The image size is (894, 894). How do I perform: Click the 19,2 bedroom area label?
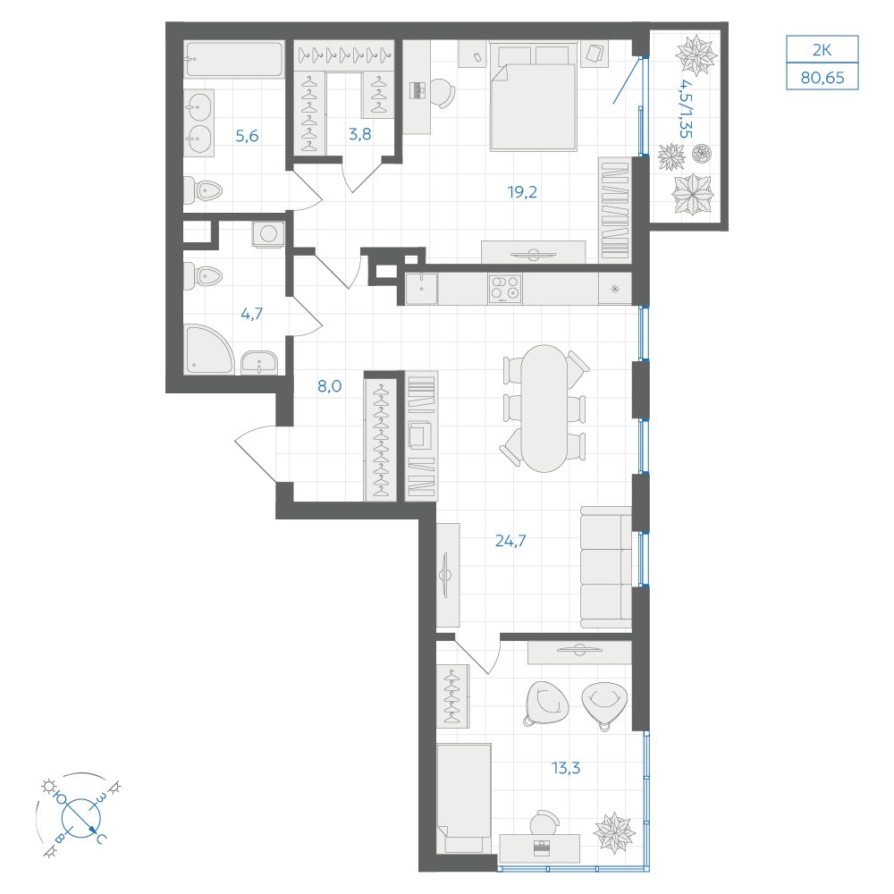pyautogui.click(x=522, y=192)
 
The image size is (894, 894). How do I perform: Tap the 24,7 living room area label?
pyautogui.click(x=510, y=541)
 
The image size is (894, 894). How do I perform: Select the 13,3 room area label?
pyautogui.click(x=566, y=768)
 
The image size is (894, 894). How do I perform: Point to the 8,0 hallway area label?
pyautogui.click(x=330, y=386)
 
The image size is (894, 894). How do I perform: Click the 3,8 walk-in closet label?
pyautogui.click(x=359, y=134)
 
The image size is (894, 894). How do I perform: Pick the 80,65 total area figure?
pyautogui.click(x=822, y=78)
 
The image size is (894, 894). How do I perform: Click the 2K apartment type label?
pyautogui.click(x=822, y=50)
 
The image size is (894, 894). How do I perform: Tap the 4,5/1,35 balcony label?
pyautogui.click(x=686, y=108)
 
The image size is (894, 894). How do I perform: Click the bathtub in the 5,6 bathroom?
pyautogui.click(x=233, y=59)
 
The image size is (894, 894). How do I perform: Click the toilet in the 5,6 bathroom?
pyautogui.click(x=203, y=190)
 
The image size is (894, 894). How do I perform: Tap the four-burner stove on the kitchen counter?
pyautogui.click(x=504, y=289)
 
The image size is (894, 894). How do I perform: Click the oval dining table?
pyautogui.click(x=544, y=409)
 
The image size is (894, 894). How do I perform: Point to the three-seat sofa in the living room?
pyautogui.click(x=606, y=568)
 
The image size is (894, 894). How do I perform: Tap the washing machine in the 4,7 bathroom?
pyautogui.click(x=268, y=234)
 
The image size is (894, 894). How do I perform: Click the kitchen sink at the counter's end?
pyautogui.click(x=421, y=289)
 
